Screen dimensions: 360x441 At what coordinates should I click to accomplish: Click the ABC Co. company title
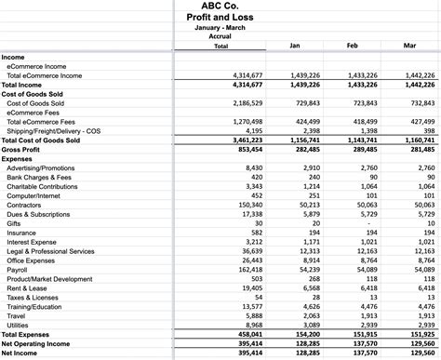click(x=220, y=6)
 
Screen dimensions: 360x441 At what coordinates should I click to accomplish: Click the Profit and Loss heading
click(x=220, y=17)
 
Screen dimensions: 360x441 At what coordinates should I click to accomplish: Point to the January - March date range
click(x=220, y=28)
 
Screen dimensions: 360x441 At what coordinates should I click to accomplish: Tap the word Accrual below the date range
click(x=220, y=37)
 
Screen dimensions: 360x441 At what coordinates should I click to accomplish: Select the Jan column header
click(x=295, y=46)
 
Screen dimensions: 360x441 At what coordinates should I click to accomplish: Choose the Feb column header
click(x=353, y=46)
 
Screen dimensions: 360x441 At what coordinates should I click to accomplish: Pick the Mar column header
click(x=409, y=46)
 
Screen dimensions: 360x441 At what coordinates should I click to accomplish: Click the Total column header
click(x=220, y=47)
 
